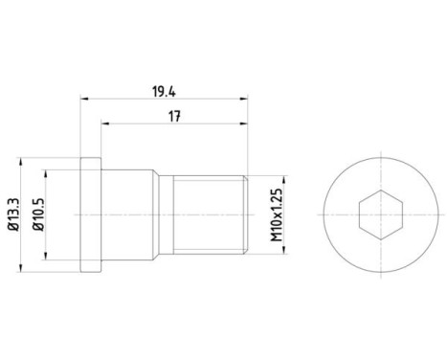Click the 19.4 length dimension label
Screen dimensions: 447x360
pos(164,92)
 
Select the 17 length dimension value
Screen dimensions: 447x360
pos(174,116)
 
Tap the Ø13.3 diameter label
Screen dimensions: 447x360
pos(14,214)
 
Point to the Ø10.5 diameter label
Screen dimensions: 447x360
pos(38,214)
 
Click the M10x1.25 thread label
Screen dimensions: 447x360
pos(277,214)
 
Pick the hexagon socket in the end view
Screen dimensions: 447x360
pos(381,214)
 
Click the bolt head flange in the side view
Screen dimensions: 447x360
pos(91,214)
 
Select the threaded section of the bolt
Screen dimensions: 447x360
pos(209,214)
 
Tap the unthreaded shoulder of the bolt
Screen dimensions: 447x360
pos(126,214)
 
